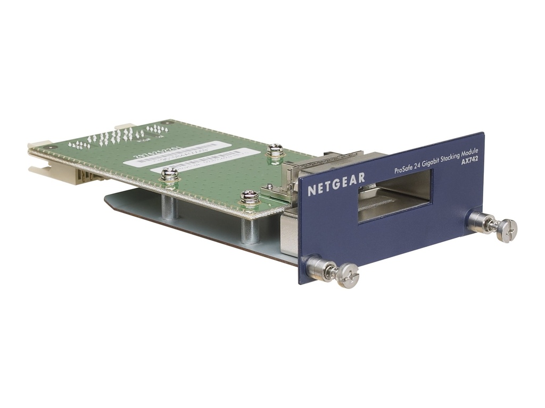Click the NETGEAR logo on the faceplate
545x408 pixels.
point(336,184)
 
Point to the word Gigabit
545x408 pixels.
point(434,164)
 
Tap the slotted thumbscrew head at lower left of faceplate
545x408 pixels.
point(349,276)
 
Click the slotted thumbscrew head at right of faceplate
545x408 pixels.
point(507,230)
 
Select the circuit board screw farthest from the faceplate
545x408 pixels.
point(169,175)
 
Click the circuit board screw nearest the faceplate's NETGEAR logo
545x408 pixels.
point(249,197)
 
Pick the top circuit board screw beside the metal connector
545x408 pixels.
point(275,150)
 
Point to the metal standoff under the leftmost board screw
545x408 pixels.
point(170,207)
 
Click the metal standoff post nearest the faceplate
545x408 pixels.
point(249,230)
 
